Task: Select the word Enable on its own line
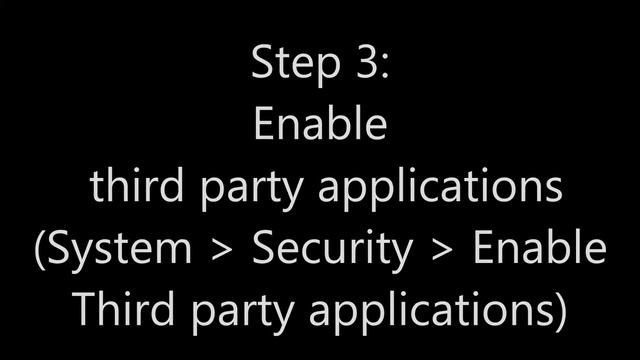coord(320,125)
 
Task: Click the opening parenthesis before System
coord(41,250)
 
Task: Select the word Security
coord(331,250)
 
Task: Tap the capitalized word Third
coord(120,310)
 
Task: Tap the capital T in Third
coord(84,310)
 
